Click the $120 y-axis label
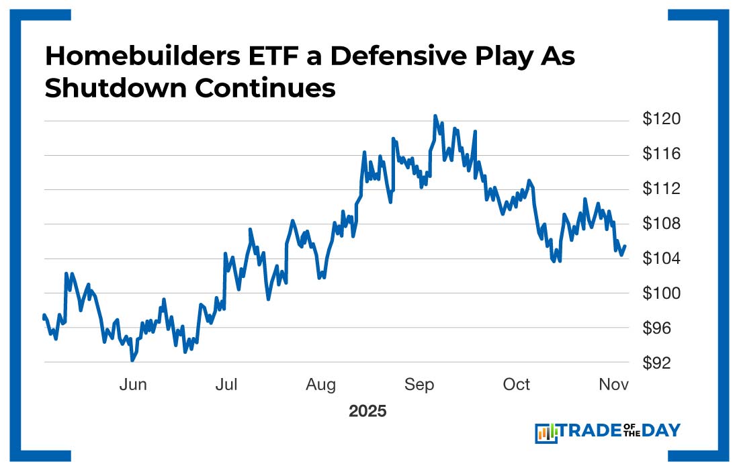[662, 120]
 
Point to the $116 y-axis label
[662, 154]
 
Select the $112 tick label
[662, 189]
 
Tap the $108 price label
[662, 224]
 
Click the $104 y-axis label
[662, 258]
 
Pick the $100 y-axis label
[662, 293]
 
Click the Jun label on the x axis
[133, 385]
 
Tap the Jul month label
[227, 385]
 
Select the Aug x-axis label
[321, 385]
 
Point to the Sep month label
[419, 385]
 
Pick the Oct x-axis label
[517, 385]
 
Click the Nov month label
[614, 385]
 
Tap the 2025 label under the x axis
[367, 411]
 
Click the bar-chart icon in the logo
[547, 433]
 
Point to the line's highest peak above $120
[435, 116]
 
